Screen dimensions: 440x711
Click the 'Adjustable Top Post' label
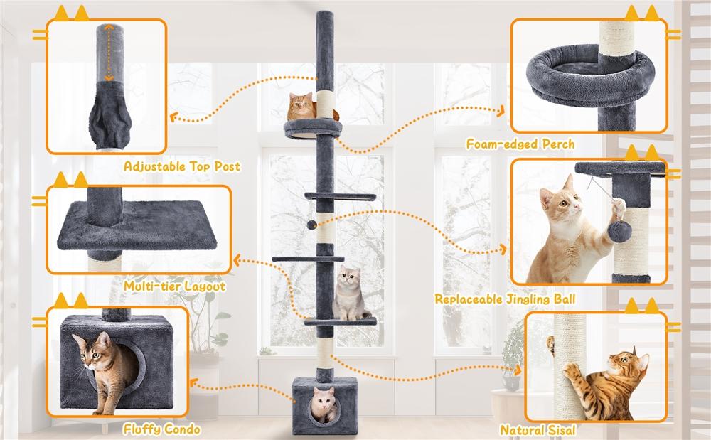[x=182, y=166]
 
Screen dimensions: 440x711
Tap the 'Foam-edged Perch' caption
[x=520, y=144]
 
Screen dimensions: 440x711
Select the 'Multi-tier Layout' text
[x=174, y=286]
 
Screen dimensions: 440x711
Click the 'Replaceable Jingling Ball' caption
[x=505, y=299]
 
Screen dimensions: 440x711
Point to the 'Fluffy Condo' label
[x=161, y=429]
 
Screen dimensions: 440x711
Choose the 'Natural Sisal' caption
[x=538, y=429]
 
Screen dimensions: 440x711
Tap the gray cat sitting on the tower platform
[x=348, y=291]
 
